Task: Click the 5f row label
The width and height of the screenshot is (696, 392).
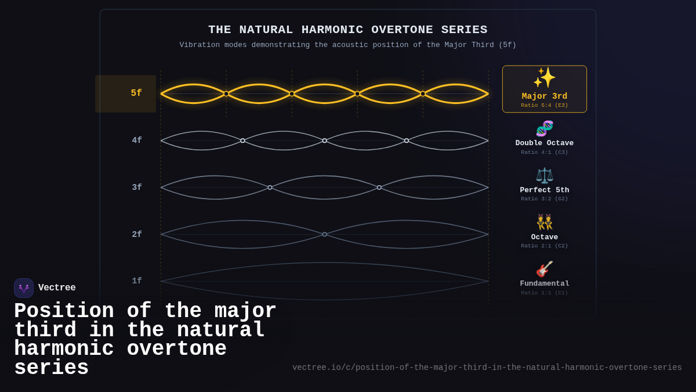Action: pyautogui.click(x=136, y=93)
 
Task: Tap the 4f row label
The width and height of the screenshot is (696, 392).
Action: pyautogui.click(x=137, y=141)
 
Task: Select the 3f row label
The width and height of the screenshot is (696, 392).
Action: pyautogui.click(x=137, y=188)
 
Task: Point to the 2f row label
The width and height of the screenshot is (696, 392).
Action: pyautogui.click(x=137, y=235)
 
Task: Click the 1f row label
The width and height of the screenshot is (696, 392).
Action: pyautogui.click(x=137, y=281)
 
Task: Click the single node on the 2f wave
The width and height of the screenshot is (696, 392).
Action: pyautogui.click(x=325, y=235)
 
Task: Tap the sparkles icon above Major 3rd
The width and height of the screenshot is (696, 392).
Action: pyautogui.click(x=544, y=78)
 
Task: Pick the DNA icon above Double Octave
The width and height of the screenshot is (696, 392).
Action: pyautogui.click(x=544, y=128)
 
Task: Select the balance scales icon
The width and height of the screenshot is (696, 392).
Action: pyautogui.click(x=544, y=175)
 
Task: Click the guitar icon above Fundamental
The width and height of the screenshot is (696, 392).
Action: pyautogui.click(x=544, y=269)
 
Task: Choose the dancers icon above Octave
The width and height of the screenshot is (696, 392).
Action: pyautogui.click(x=544, y=222)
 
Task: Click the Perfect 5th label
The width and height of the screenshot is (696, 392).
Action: pyautogui.click(x=544, y=190)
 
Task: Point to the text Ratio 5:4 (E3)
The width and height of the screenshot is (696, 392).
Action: pyautogui.click(x=544, y=106)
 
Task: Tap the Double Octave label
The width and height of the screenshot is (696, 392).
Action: pyautogui.click(x=544, y=143)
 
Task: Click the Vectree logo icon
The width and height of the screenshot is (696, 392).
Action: pyautogui.click(x=24, y=288)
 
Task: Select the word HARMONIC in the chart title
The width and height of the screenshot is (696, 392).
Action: pyautogui.click(x=330, y=30)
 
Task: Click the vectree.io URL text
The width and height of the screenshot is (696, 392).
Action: pyautogui.click(x=487, y=368)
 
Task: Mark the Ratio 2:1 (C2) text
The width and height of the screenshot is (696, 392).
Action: pyautogui.click(x=544, y=246)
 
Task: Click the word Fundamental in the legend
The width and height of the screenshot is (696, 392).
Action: pyautogui.click(x=544, y=284)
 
